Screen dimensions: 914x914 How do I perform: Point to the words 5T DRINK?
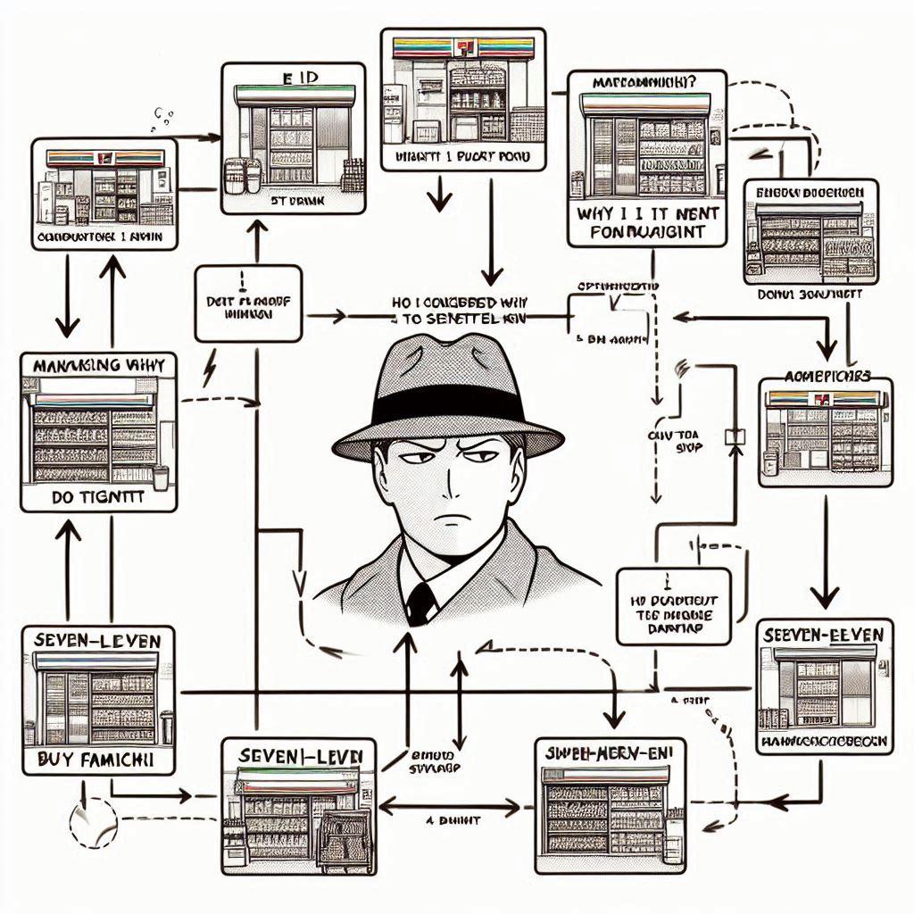(x=293, y=201)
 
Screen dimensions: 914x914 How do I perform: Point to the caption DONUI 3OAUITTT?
(x=810, y=292)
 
